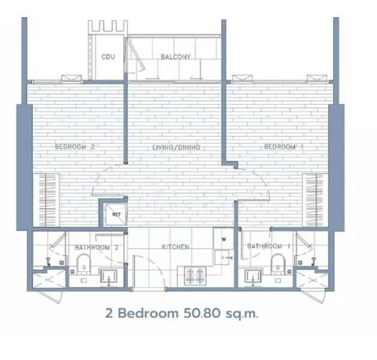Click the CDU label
[108, 57]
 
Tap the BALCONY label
[176, 57]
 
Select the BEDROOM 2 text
[75, 146]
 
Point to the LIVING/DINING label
[176, 148]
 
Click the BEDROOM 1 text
[283, 146]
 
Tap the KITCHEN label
[175, 247]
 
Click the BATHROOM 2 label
[97, 247]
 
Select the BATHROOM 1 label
[268, 246]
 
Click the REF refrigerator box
[116, 214]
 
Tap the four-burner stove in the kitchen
[195, 276]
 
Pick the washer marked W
[223, 239]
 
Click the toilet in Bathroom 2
[83, 264]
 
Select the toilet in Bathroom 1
[278, 264]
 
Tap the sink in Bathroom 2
[109, 277]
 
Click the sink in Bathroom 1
[253, 277]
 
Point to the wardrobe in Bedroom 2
[46, 200]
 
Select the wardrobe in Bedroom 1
[315, 200]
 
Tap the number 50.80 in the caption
[202, 313]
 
